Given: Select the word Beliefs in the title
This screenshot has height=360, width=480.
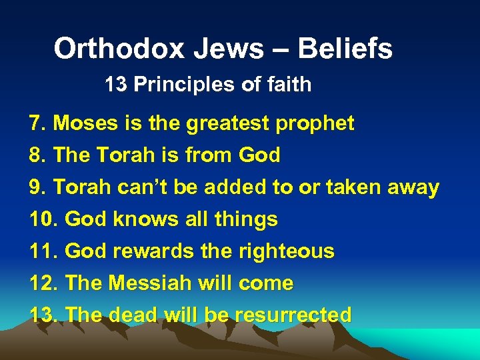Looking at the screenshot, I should tap(345, 49).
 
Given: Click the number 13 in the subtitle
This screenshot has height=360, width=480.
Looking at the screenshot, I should tap(114, 85).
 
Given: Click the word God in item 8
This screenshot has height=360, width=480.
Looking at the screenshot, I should tap(259, 155).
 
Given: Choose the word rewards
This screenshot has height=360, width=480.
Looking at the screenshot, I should tap(141, 251).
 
